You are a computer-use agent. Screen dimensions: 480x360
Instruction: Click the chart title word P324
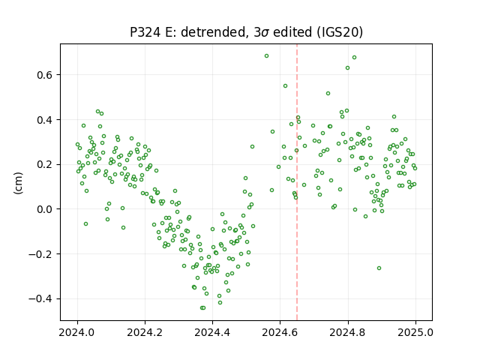(x=145, y=32)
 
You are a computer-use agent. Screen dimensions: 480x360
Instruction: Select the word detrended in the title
(x=214, y=32)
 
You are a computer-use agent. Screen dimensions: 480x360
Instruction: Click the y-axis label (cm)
(x=18, y=183)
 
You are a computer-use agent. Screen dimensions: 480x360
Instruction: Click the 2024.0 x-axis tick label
(x=77, y=332)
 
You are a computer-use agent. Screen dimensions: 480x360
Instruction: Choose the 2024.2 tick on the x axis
(x=145, y=332)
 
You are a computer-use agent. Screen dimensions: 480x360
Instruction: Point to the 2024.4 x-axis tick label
(x=212, y=332)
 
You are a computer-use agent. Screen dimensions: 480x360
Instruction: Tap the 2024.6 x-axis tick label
(x=280, y=332)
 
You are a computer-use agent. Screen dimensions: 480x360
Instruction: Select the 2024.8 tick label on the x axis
(x=348, y=332)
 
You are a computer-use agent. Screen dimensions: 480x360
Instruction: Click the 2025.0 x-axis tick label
(x=415, y=332)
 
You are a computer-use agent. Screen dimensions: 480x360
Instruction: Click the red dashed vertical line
(x=297, y=182)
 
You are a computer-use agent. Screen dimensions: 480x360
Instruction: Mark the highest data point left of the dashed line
(x=267, y=56)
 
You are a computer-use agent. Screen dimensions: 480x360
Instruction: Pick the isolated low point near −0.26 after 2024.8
(x=379, y=268)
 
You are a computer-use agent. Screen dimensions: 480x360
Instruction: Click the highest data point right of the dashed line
(x=354, y=58)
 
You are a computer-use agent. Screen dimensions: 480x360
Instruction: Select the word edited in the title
(x=292, y=32)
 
